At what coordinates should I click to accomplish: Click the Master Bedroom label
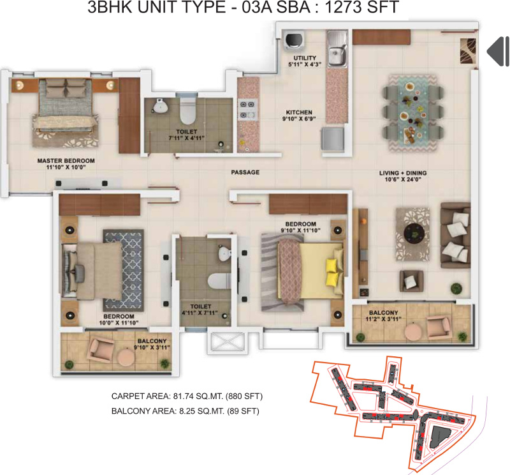click(66, 160)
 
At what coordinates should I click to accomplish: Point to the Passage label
click(245, 172)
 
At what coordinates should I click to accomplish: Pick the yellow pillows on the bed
click(333, 271)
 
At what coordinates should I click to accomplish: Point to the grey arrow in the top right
click(497, 51)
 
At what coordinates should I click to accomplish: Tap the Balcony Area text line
click(185, 412)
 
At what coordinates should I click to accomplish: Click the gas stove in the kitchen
click(246, 110)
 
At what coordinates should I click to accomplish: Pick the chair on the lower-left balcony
click(100, 349)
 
